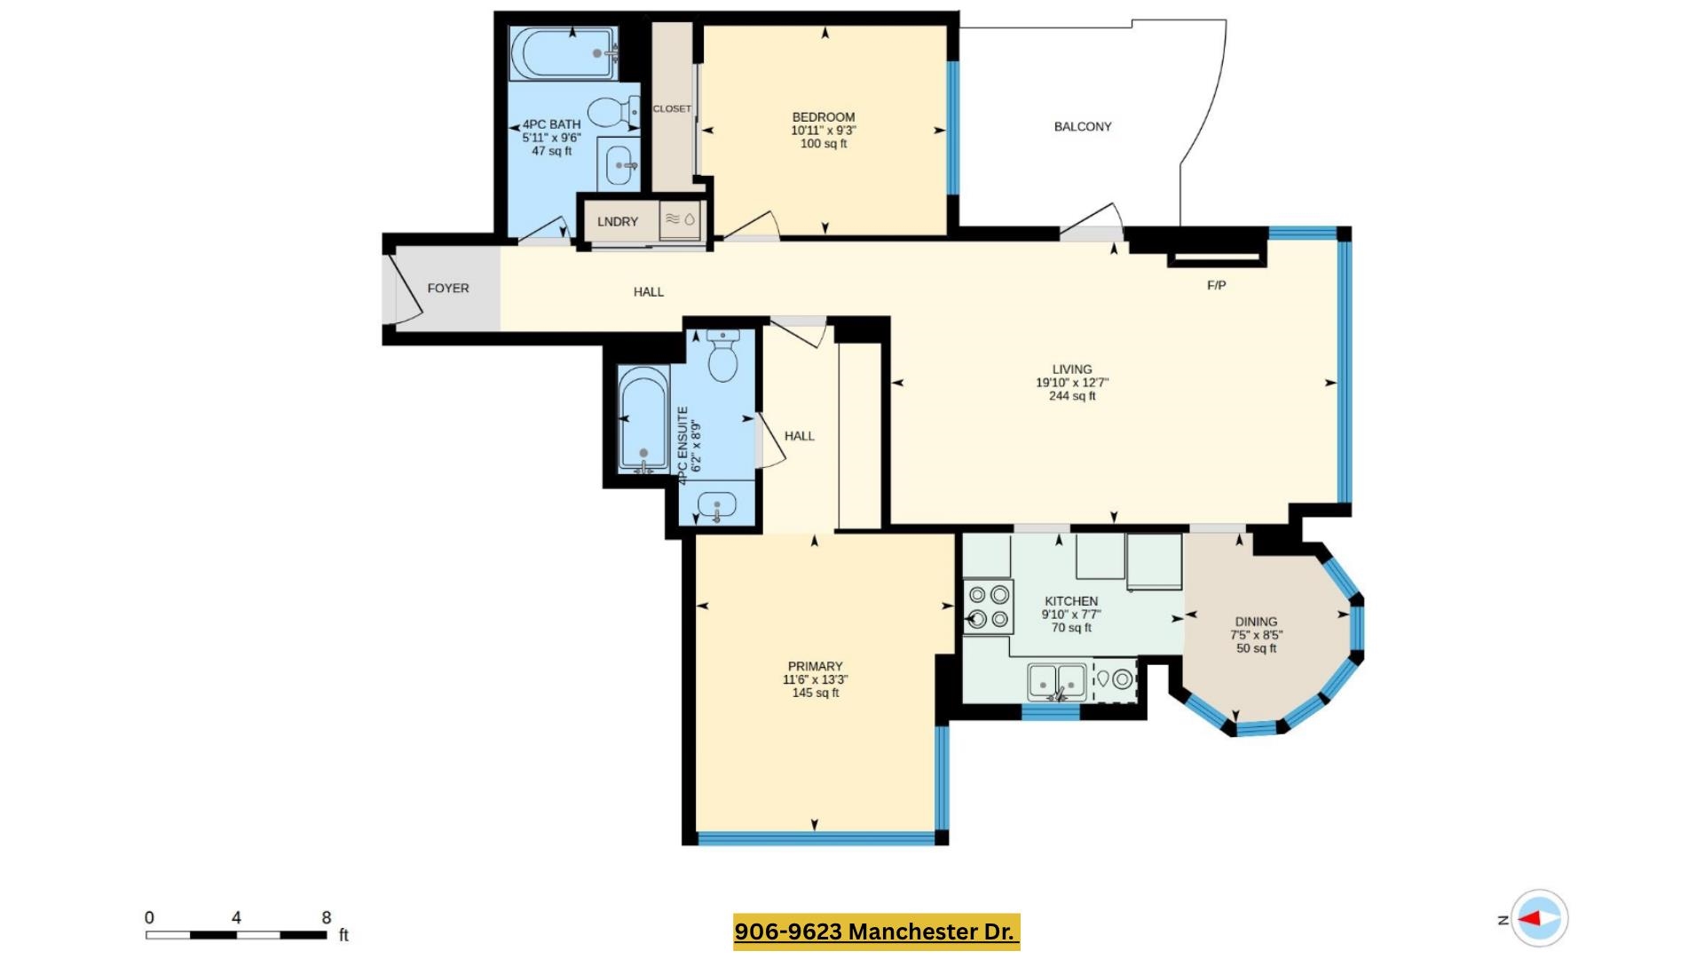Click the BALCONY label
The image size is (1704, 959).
click(x=1082, y=127)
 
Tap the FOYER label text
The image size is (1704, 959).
click(x=448, y=289)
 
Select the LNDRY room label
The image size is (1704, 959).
click(x=618, y=222)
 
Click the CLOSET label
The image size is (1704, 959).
click(x=672, y=109)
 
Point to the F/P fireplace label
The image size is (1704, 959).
click(x=1216, y=285)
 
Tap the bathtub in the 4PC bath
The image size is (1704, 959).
click(x=564, y=54)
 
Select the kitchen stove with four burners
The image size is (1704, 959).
click(x=989, y=606)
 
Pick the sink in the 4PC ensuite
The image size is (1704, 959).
click(x=716, y=507)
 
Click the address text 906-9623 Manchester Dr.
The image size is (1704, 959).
click(x=875, y=931)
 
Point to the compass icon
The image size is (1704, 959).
click(x=1539, y=919)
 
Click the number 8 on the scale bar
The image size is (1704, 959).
click(x=327, y=917)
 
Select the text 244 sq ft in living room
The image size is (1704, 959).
click(x=1072, y=396)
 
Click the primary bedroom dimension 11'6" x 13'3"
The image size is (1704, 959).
click(x=815, y=680)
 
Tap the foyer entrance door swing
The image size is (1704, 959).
click(x=406, y=289)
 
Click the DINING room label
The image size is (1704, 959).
click(x=1256, y=622)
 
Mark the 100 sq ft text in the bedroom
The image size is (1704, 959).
click(x=824, y=144)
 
